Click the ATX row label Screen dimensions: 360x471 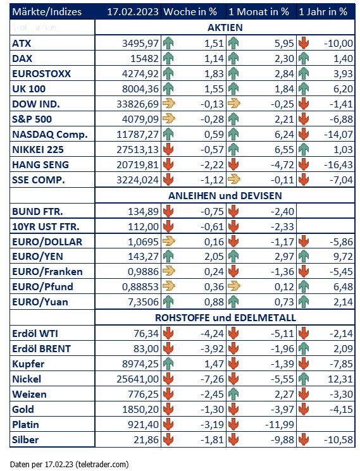22,43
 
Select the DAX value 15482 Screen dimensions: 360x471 144,58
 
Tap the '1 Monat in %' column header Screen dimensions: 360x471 259,12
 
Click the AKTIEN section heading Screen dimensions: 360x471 225,28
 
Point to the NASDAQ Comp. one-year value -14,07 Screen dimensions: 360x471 338,134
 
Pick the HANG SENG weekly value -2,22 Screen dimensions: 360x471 213,164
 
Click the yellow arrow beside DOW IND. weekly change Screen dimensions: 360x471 168,104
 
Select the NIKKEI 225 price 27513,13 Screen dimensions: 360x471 137,149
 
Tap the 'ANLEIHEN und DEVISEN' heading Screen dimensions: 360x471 225,195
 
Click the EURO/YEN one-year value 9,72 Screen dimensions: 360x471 343,256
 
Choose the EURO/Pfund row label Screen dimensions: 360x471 42,286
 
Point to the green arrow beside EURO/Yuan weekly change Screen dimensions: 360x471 168,302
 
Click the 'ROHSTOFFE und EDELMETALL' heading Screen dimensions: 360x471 225,317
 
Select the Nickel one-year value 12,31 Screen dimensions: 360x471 340,379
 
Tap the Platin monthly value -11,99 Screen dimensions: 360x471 280,424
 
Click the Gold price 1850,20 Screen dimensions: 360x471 140,409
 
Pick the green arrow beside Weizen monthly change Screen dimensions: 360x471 233,394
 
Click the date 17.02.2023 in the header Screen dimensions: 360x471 133,12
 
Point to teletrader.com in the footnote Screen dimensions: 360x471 102,464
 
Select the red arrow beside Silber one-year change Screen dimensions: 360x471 304,439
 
